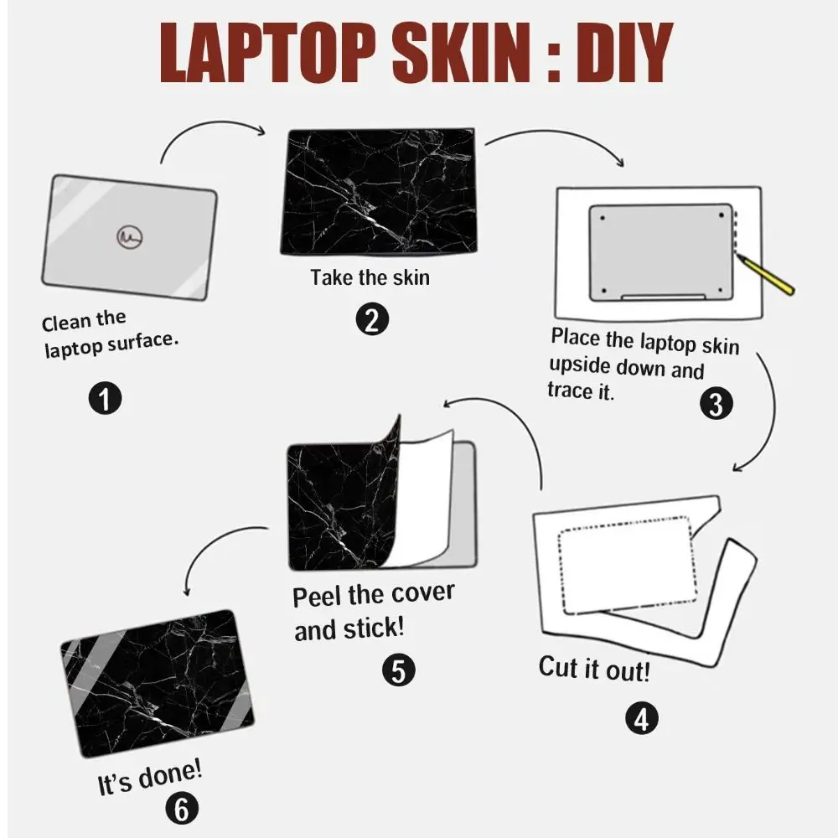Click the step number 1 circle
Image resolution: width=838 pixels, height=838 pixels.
click(105, 398)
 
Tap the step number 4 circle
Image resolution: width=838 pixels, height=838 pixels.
click(641, 718)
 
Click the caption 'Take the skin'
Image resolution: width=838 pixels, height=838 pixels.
click(370, 277)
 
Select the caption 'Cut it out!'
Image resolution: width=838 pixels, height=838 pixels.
click(593, 669)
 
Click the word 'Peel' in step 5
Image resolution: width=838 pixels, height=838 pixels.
click(318, 597)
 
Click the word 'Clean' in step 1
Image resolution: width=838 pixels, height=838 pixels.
click(65, 323)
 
